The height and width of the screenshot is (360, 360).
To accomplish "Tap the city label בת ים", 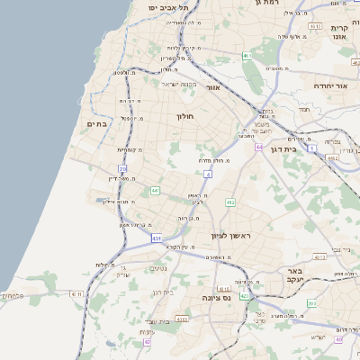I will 97,123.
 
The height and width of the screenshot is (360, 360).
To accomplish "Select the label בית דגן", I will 283,148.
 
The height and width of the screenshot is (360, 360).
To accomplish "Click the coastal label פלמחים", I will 13,295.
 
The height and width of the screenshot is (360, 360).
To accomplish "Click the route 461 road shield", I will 314,26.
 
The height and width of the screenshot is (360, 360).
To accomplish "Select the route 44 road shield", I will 259,146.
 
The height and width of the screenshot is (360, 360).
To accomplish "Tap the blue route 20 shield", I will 122,168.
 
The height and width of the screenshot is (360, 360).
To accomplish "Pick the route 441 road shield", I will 155,191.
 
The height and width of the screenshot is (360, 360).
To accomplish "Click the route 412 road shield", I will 230,202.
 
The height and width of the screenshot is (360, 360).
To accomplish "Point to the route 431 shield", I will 156,238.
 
